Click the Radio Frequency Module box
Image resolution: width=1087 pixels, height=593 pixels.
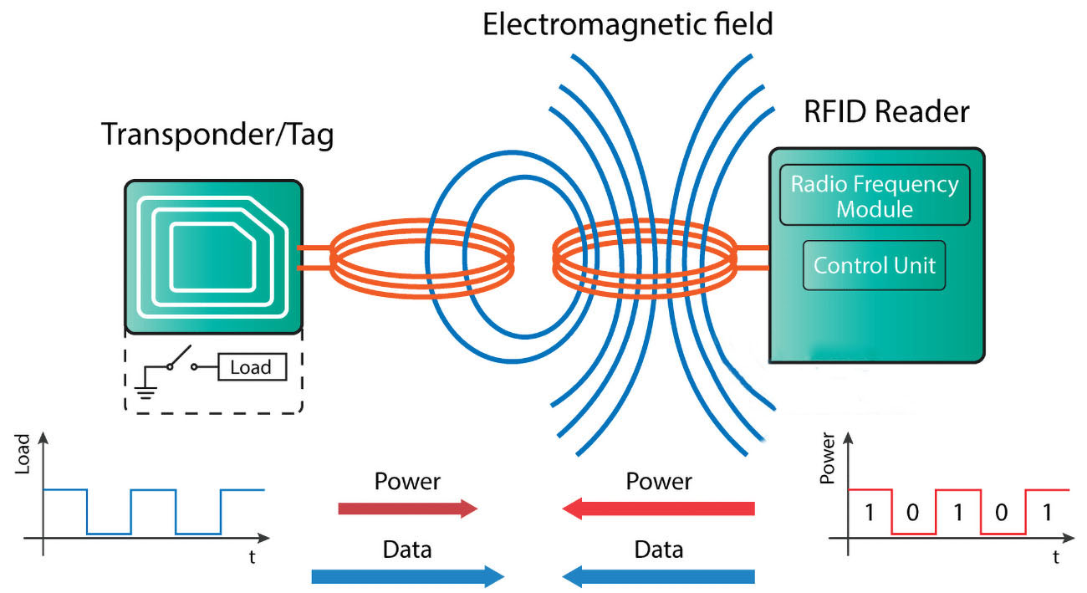pyautogui.click(x=875, y=196)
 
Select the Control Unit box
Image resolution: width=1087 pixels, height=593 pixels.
pyautogui.click(x=874, y=266)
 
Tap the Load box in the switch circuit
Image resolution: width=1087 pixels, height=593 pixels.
pyautogui.click(x=250, y=367)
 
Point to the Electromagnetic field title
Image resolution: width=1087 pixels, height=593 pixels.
pyautogui.click(x=628, y=24)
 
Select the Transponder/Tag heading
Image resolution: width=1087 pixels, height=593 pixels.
pyautogui.click(x=217, y=134)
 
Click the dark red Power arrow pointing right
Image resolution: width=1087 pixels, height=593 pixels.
pyautogui.click(x=407, y=508)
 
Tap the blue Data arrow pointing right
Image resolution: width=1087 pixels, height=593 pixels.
pyautogui.click(x=407, y=576)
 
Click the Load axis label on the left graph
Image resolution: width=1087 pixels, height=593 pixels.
pyautogui.click(x=23, y=453)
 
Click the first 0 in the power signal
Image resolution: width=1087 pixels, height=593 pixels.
pyautogui.click(x=912, y=512)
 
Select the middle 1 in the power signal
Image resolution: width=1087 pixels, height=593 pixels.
pyautogui.click(x=957, y=512)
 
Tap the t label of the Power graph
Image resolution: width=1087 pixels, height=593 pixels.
pyautogui.click(x=1057, y=555)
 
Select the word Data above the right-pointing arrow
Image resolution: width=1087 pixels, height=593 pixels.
pyautogui.click(x=407, y=550)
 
